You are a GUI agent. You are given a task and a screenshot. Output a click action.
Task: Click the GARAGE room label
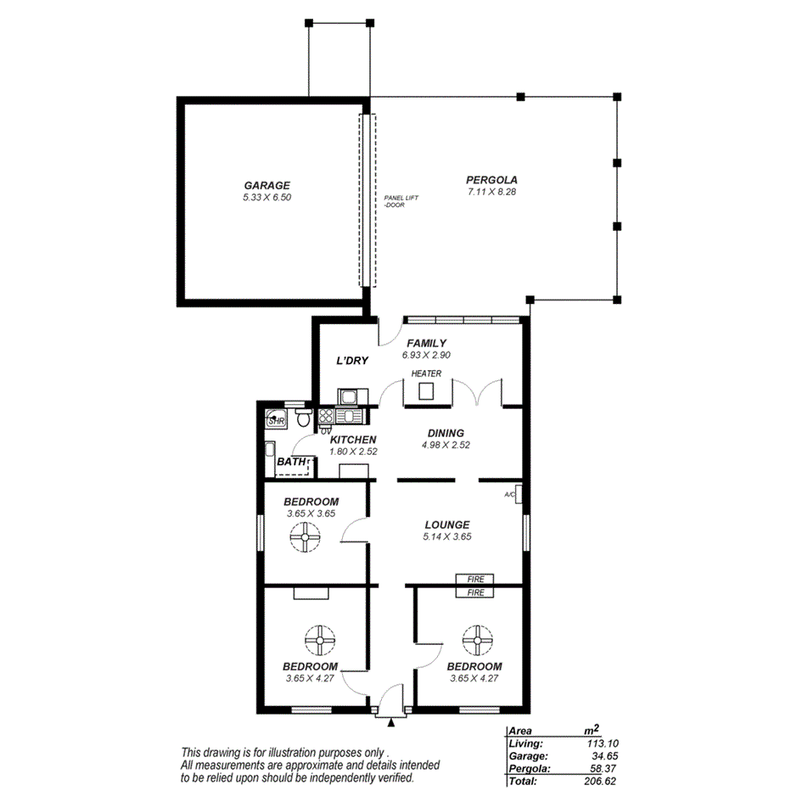tap(266, 185)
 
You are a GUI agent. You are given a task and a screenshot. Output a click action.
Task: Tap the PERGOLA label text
tap(491, 179)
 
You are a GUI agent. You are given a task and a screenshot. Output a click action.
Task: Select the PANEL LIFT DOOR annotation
tap(401, 201)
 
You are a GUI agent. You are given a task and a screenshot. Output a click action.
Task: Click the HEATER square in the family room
tap(425, 391)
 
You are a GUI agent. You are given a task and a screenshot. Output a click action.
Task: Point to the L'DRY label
tap(352, 361)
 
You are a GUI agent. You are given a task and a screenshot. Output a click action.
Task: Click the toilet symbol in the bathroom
tap(303, 418)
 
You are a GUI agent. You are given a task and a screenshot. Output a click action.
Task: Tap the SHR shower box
tap(277, 419)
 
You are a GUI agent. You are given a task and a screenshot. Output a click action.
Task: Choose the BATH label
tap(290, 462)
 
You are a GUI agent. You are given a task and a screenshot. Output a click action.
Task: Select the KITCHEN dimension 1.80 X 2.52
tap(353, 452)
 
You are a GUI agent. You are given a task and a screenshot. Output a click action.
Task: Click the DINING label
tap(445, 433)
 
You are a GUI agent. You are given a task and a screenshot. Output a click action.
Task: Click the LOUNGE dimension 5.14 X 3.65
tap(447, 536)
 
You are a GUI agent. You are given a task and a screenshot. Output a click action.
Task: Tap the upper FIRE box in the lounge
tap(476, 580)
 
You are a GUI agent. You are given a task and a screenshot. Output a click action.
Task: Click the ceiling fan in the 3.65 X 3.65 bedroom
tap(305, 537)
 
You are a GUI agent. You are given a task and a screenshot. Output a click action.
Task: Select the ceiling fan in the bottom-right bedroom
tap(475, 639)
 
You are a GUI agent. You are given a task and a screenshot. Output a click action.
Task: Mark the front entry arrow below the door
tap(391, 722)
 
